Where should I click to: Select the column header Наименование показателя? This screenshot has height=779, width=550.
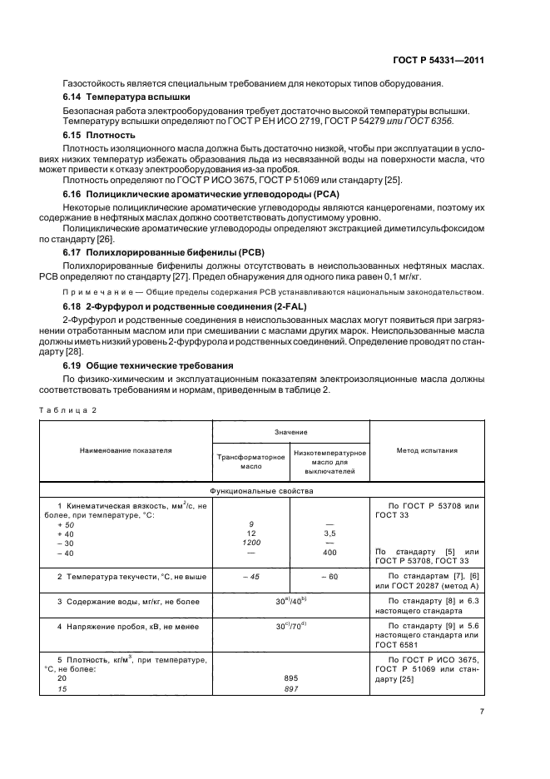click(x=126, y=450)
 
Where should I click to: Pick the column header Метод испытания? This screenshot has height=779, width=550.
click(x=427, y=450)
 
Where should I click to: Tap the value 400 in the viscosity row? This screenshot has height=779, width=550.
click(x=329, y=553)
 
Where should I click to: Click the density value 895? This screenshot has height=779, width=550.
click(x=290, y=677)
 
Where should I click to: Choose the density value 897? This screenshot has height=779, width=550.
click(x=290, y=688)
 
